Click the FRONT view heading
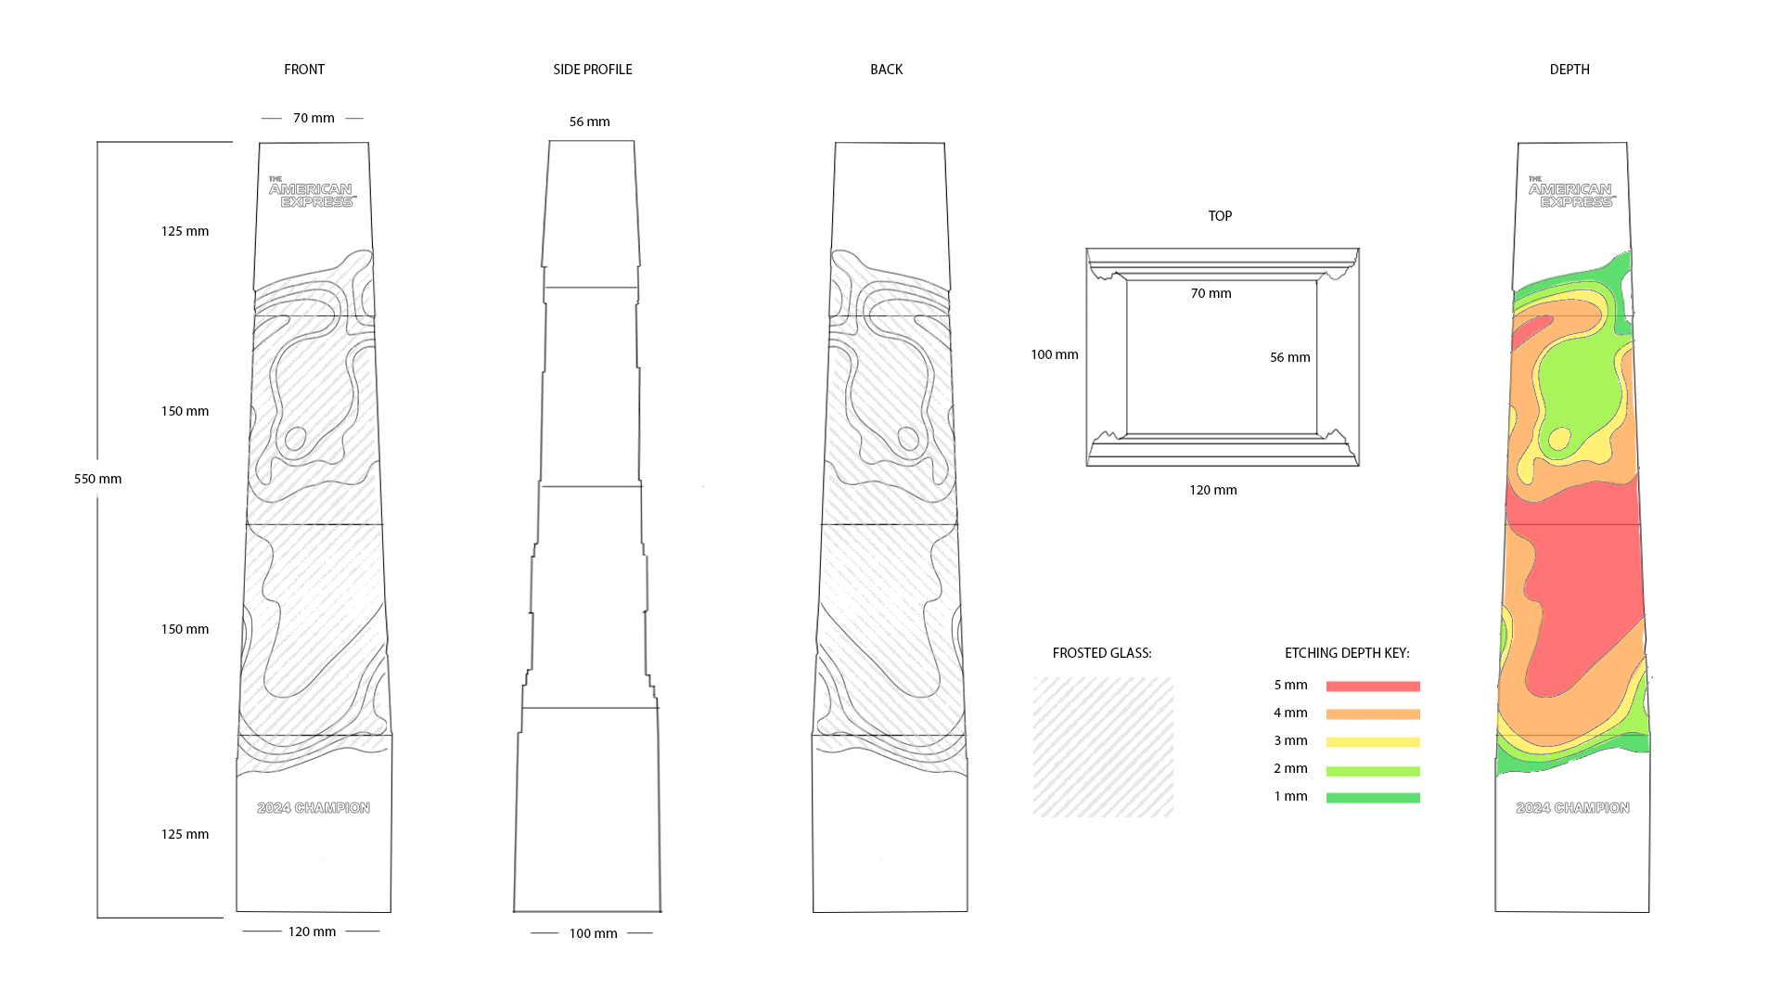304,70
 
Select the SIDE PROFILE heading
592,70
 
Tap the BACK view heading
886,70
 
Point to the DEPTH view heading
1569,70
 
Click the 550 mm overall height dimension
97,479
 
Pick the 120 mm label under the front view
312,931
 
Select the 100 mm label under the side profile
593,933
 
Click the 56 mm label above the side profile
589,122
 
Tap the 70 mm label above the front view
314,118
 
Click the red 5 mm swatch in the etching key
1372,687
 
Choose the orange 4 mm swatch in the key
1372,714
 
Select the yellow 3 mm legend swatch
1372,742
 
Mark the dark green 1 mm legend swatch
1372,798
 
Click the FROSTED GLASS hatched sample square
1103,747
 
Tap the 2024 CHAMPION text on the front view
314,808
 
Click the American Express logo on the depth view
1571,193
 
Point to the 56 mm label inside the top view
1289,357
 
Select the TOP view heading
1220,216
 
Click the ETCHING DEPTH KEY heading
1346,653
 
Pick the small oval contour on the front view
295,438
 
